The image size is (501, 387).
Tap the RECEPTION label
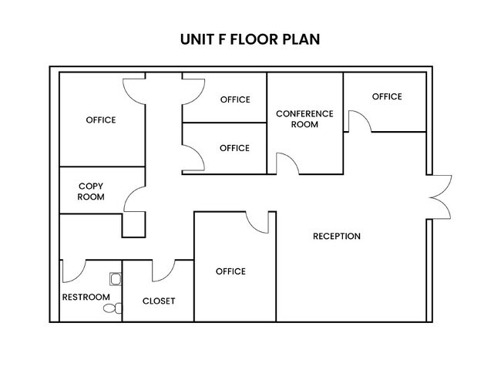337,236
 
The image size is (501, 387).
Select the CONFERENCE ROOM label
304,119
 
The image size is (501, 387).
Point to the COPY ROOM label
91,191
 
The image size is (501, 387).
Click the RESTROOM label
86,298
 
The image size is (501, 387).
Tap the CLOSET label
159,301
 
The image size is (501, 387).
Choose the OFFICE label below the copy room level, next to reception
230,271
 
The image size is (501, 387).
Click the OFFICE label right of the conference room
387,96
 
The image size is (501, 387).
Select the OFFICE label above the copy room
101,120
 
